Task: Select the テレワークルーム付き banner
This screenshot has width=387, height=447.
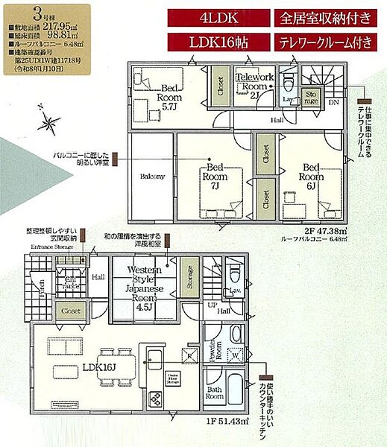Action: tap(325, 42)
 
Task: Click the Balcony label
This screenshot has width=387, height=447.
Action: tap(152, 177)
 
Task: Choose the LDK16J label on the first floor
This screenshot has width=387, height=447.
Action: tap(98, 367)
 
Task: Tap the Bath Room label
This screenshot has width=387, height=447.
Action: tap(215, 393)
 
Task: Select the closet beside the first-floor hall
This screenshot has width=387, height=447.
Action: tap(71, 311)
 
